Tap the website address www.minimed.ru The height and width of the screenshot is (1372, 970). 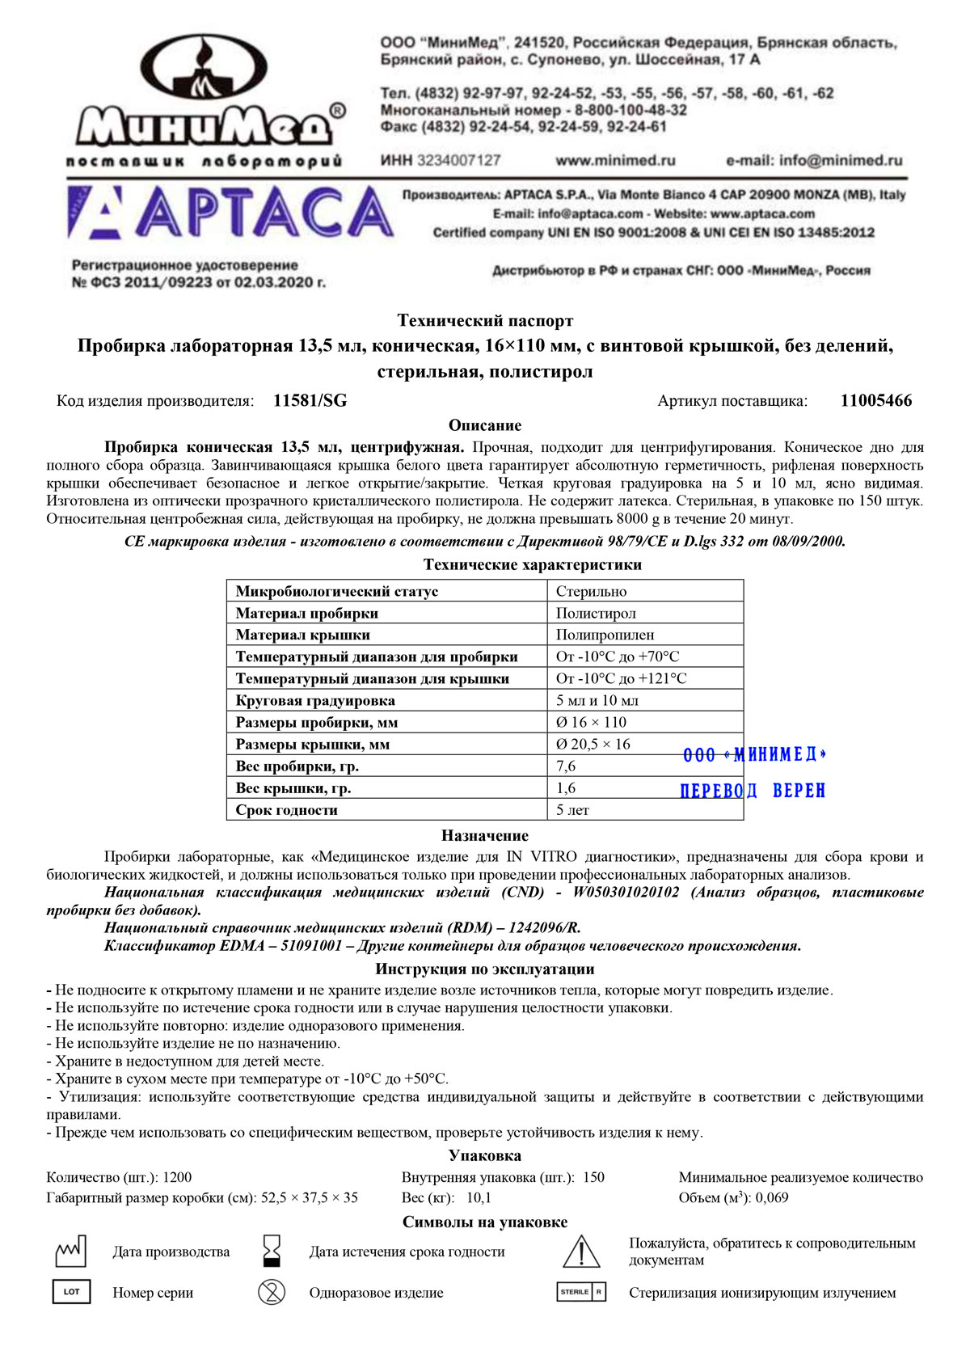pyautogui.click(x=615, y=161)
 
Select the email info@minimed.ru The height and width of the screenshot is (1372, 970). pyautogui.click(x=841, y=161)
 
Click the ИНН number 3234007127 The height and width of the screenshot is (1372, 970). pyautogui.click(x=458, y=161)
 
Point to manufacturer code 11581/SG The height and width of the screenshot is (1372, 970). pyautogui.click(x=310, y=401)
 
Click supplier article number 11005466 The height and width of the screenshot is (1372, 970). pyautogui.click(x=875, y=401)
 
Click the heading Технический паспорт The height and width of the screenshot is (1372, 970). pyautogui.click(x=485, y=321)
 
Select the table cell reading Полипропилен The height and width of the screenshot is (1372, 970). pyautogui.click(x=605, y=635)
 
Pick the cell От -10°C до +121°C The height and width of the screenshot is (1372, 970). pyautogui.click(x=621, y=679)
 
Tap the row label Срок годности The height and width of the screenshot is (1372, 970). pyautogui.click(x=287, y=810)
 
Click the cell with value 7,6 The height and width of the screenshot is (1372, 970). pyautogui.click(x=566, y=766)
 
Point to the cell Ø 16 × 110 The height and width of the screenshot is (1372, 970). pyautogui.click(x=591, y=723)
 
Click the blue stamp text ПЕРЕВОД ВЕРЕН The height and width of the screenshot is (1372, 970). pyautogui.click(x=753, y=791)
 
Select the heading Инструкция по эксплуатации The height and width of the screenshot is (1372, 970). pyautogui.click(x=485, y=969)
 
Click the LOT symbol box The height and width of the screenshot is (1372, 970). pyautogui.click(x=71, y=1292)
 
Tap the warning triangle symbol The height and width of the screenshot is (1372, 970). pyautogui.click(x=580, y=1252)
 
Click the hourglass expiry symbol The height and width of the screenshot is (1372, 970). pyautogui.click(x=272, y=1252)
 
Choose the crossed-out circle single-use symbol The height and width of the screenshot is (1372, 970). pyautogui.click(x=272, y=1292)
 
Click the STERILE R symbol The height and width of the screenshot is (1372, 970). pyautogui.click(x=580, y=1292)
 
